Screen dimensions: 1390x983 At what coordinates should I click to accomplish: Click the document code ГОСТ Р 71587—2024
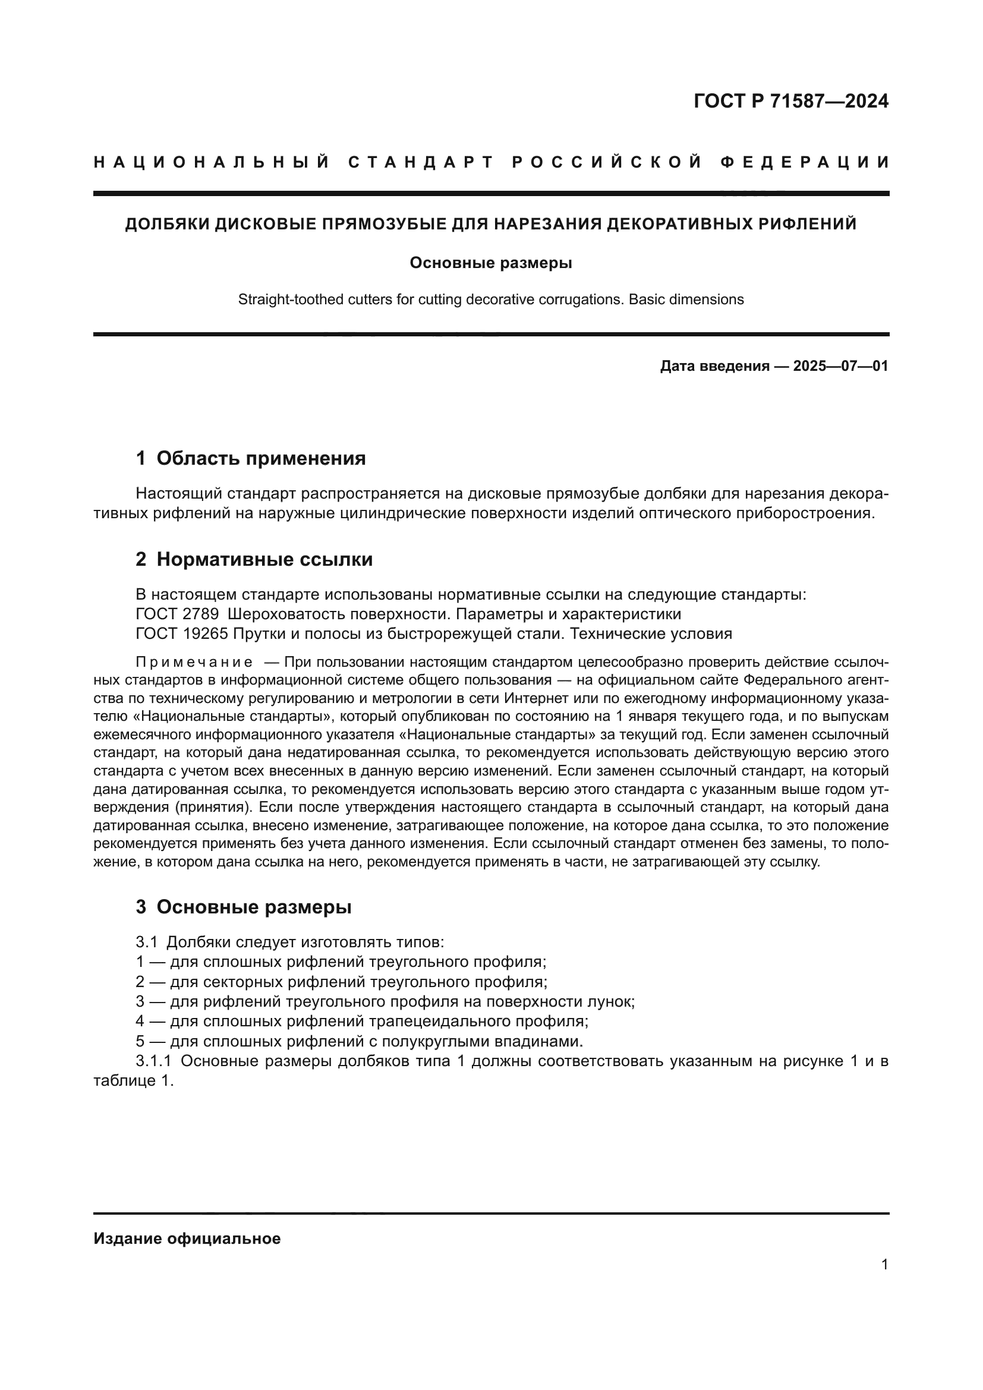click(790, 101)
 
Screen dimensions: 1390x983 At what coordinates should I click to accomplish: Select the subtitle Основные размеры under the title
click(491, 263)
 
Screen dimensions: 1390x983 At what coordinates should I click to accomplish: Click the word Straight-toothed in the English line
click(284, 299)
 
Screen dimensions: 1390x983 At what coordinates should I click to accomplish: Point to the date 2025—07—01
click(840, 365)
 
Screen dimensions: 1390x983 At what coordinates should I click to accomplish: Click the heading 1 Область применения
click(251, 458)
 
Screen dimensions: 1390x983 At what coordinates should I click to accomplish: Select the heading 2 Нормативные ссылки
click(254, 559)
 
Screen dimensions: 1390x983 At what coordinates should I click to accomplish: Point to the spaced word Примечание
click(194, 661)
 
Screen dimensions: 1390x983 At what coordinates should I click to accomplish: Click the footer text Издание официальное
click(187, 1238)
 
